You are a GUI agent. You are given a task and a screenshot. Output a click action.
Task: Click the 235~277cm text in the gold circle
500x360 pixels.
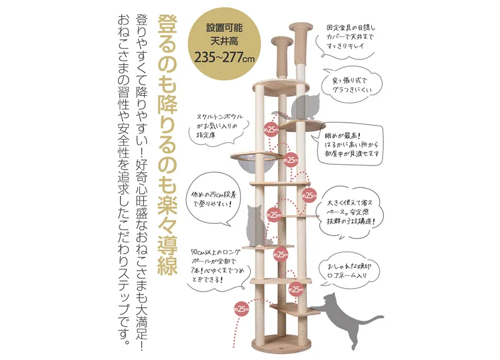pyautogui.click(x=224, y=58)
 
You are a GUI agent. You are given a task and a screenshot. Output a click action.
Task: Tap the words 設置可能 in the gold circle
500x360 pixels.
pyautogui.click(x=224, y=28)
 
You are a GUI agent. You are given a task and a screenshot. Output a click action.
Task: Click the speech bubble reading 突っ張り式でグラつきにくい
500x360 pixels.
pyautogui.click(x=352, y=85)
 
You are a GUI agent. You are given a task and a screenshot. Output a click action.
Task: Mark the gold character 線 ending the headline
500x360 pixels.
pyautogui.click(x=167, y=263)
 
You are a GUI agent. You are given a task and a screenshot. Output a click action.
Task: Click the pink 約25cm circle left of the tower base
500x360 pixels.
pyautogui.click(x=242, y=309)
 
